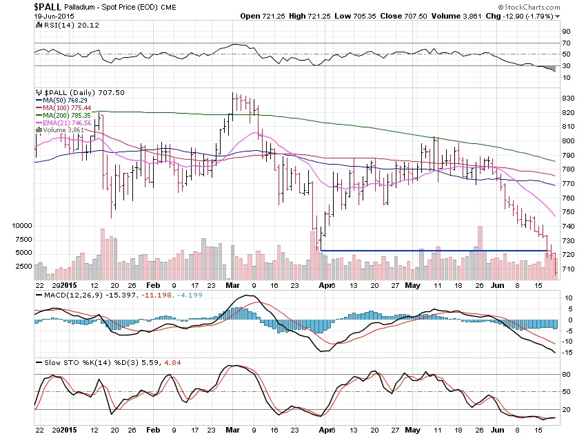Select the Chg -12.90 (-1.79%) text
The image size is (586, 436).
527,16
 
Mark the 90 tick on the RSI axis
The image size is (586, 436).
565,32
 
